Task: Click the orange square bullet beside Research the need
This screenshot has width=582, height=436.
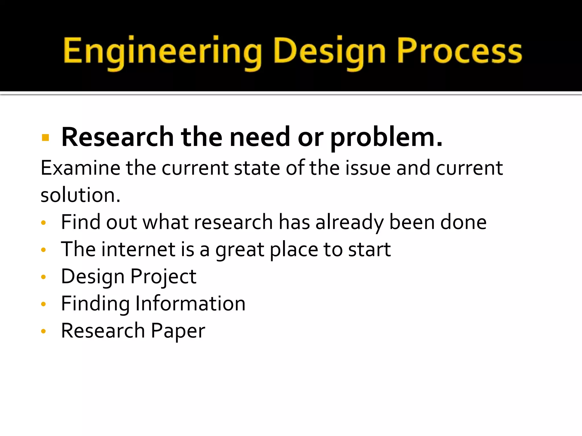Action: (45, 138)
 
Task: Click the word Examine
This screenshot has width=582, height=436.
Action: (80, 168)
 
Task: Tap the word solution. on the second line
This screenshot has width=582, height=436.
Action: (80, 195)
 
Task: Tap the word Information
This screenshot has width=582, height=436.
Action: (190, 304)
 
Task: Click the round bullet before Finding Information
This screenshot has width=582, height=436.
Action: (43, 304)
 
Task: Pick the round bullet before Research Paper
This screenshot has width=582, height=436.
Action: (43, 331)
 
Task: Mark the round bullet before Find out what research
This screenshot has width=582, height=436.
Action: (43, 223)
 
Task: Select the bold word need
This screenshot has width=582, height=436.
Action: (260, 137)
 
